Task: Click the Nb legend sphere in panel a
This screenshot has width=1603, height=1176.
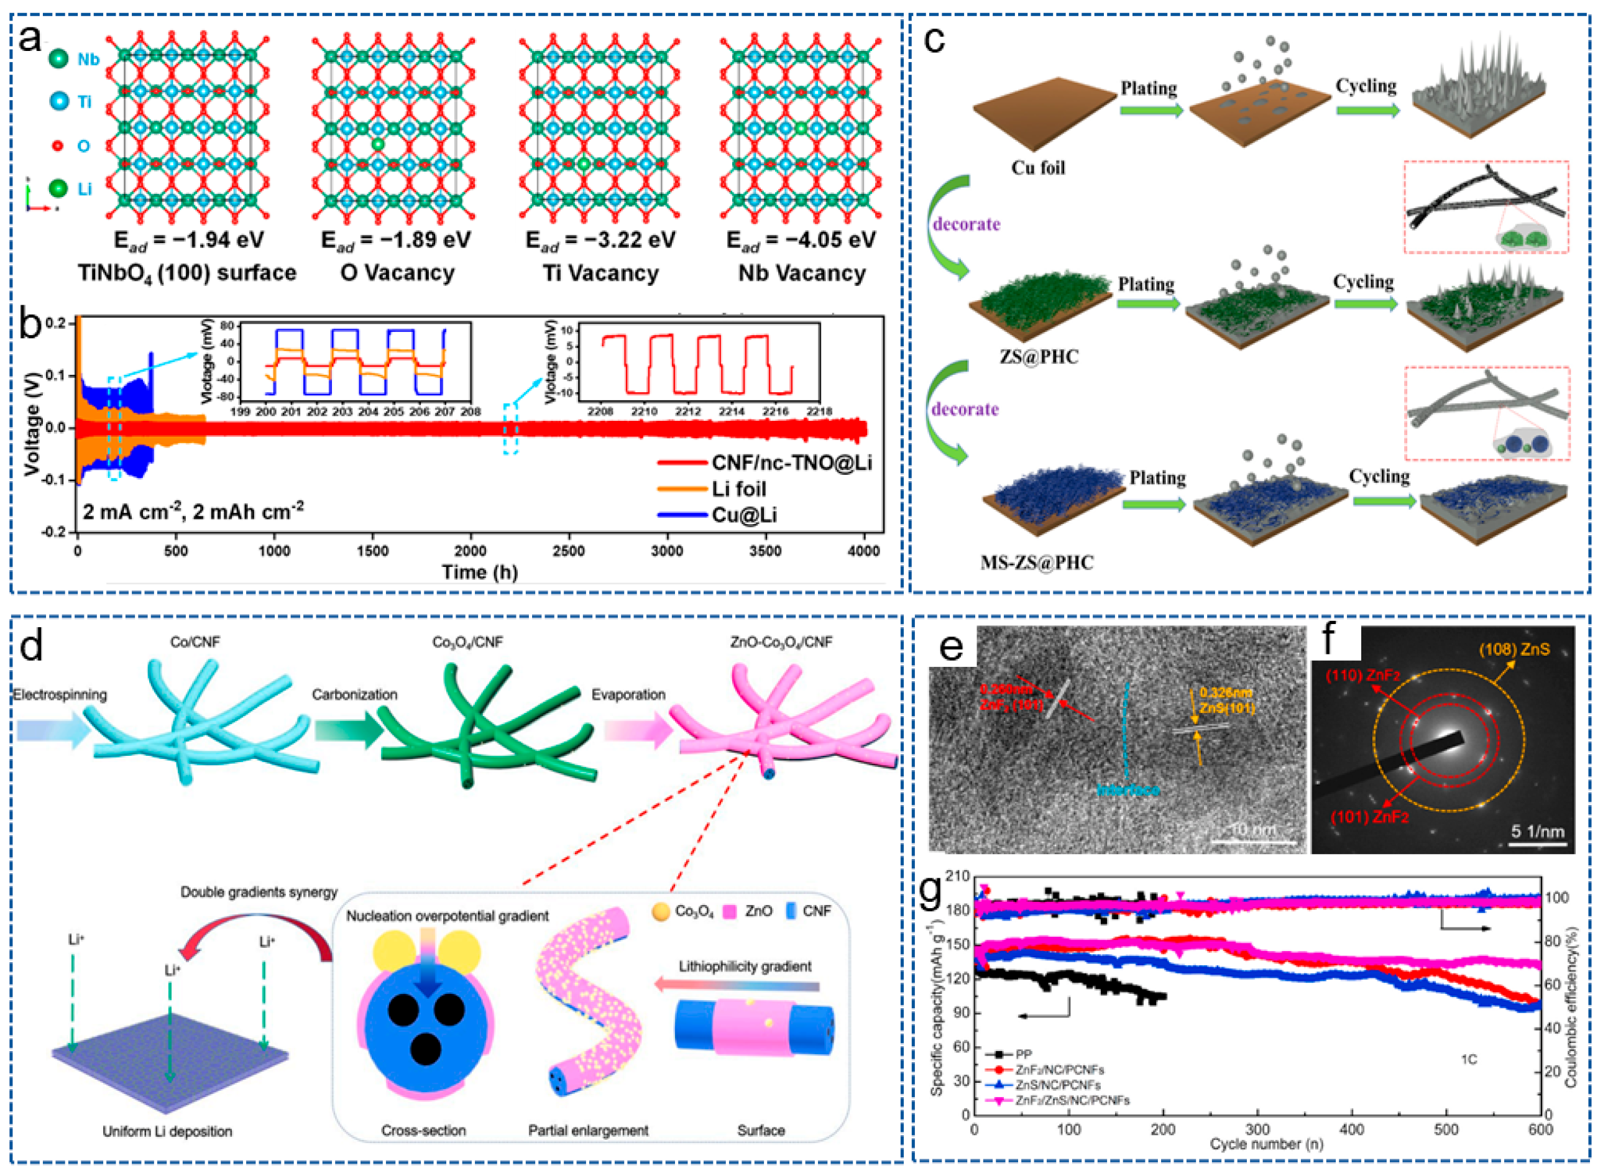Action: (59, 58)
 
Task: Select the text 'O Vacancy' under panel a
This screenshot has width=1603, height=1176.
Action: (397, 273)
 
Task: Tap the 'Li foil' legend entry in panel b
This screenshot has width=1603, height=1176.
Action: (740, 489)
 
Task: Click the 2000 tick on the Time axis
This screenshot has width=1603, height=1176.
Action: (471, 550)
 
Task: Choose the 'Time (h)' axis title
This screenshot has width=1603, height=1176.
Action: (479, 572)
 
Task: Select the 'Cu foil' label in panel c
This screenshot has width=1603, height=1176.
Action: (1039, 168)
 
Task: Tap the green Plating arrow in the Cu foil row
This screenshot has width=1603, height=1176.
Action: (1150, 111)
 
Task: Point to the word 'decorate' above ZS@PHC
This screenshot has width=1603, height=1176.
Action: (966, 224)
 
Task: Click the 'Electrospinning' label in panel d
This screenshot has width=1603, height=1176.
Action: (60, 694)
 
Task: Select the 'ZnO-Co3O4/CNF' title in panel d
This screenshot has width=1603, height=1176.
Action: (781, 642)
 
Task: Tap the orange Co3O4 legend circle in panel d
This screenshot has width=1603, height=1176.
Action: (661, 912)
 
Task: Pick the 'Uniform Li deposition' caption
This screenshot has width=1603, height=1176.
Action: (167, 1131)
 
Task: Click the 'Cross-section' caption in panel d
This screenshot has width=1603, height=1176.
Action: (423, 1131)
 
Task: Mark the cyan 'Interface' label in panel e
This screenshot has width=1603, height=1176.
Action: (1128, 789)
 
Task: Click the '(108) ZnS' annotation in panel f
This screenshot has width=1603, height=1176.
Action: (1514, 649)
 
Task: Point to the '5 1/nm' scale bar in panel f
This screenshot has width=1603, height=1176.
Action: (1538, 832)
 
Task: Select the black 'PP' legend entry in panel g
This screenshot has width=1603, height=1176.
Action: (1023, 1054)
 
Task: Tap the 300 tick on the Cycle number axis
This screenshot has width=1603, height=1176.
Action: (1258, 1130)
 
